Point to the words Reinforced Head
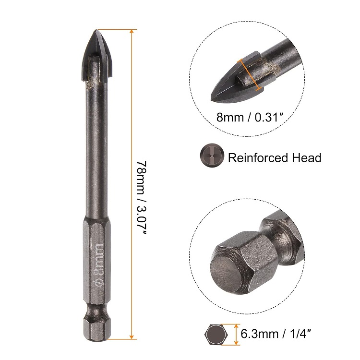pos(274,157)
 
